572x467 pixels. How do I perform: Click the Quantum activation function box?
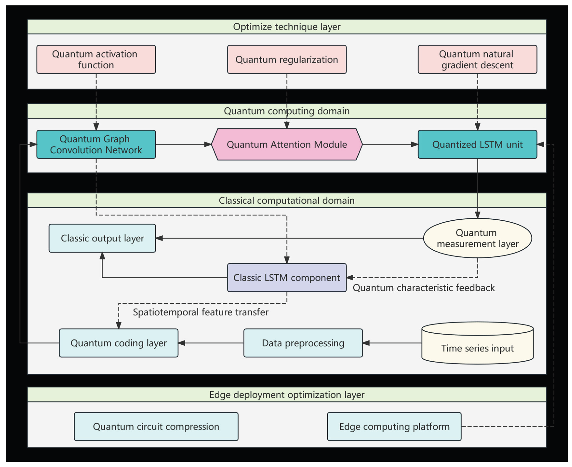coord(96,59)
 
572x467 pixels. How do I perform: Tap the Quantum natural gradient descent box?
coord(477,59)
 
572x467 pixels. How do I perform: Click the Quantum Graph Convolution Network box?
coord(96,144)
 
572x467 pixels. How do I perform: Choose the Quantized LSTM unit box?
coord(477,144)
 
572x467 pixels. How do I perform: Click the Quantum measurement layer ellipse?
coord(477,238)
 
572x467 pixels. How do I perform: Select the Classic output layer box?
coord(102,238)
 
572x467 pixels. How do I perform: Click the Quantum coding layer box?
coord(118,343)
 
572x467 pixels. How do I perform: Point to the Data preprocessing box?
coord(303,343)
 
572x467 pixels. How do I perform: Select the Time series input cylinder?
coord(477,346)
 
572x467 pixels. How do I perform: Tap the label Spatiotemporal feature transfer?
coord(200,312)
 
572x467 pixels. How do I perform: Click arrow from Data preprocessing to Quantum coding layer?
coord(211,343)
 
